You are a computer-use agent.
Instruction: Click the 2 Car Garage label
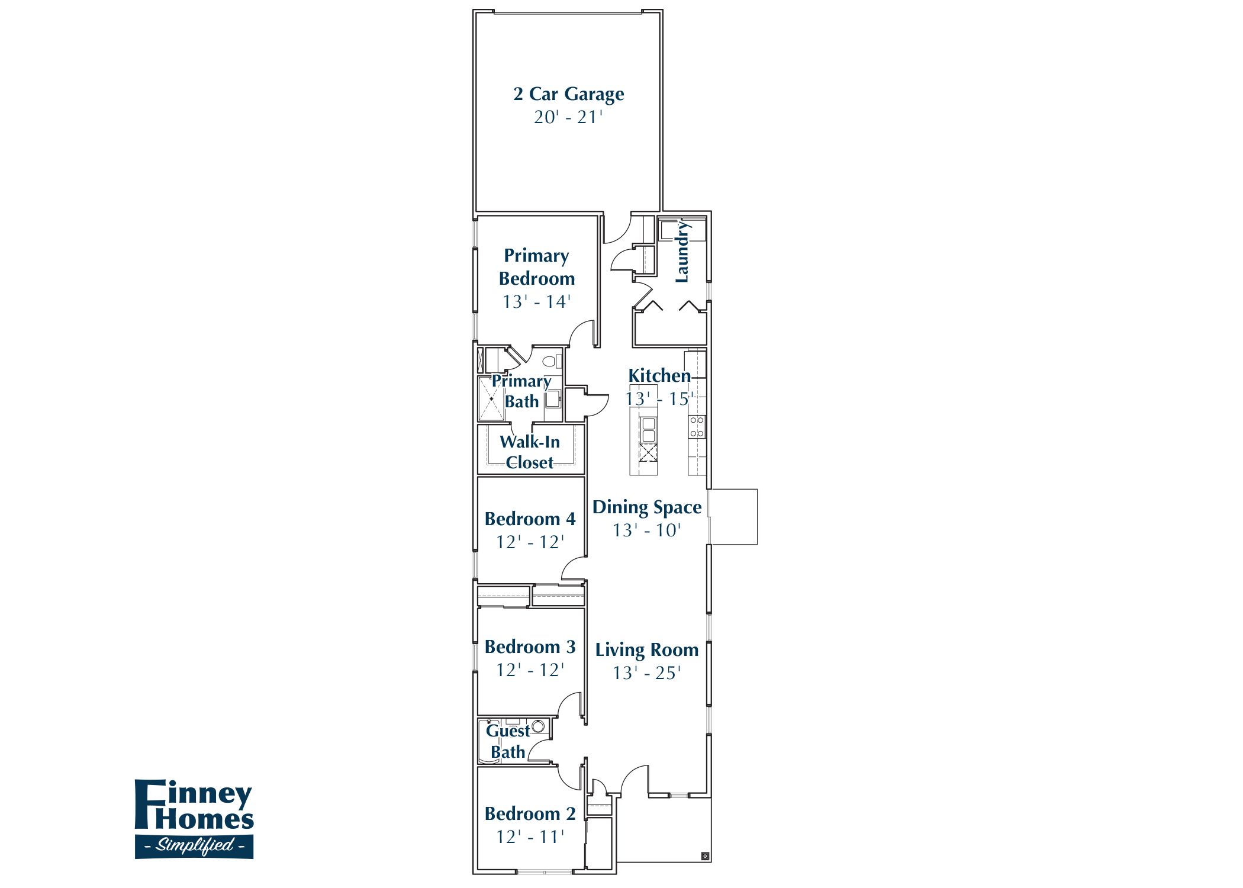pos(568,94)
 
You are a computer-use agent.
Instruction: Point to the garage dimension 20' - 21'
pos(568,117)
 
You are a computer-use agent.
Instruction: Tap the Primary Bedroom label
pos(536,267)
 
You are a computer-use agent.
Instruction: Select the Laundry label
pos(682,251)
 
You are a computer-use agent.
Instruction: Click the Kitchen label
pos(659,375)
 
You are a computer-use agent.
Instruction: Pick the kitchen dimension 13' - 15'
pos(659,399)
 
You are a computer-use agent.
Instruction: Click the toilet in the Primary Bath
pos(550,360)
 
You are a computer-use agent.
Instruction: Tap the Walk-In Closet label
pos(530,452)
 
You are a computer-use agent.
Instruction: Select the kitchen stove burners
pos(697,427)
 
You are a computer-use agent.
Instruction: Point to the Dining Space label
pos(647,507)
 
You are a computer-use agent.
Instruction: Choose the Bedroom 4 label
pos(530,519)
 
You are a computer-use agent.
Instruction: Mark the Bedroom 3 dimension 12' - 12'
pos(530,670)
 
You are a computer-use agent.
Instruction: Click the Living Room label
pos(647,650)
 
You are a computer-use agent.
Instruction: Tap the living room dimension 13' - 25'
pos(647,673)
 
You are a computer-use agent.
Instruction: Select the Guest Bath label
pos(508,741)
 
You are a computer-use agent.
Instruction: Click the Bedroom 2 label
pos(530,814)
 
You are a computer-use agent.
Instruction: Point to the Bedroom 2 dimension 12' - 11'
pos(530,837)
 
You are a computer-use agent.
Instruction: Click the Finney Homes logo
pos(194,819)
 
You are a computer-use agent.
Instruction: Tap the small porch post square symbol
pos(705,855)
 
